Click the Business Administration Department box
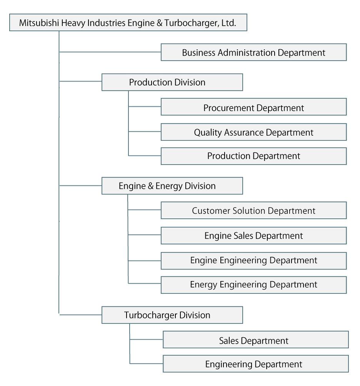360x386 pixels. pyautogui.click(x=253, y=52)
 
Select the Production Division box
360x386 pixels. pyautogui.click(x=172, y=82)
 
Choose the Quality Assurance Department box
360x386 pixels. pyautogui.click(x=253, y=132)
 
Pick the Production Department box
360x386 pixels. pyautogui.click(x=253, y=156)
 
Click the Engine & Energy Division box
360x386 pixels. pyautogui.click(x=172, y=186)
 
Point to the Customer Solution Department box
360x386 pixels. pyautogui.click(x=253, y=211)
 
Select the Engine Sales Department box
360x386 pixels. pyautogui.click(x=253, y=235)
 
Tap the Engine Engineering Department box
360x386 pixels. pyautogui.click(x=253, y=260)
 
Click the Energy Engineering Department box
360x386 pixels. pyautogui.click(x=253, y=285)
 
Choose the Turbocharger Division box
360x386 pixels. pyautogui.click(x=172, y=315)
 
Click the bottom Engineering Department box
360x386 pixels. pyautogui.click(x=256, y=364)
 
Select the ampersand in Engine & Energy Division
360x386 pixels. pyautogui.click(x=148, y=186)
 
